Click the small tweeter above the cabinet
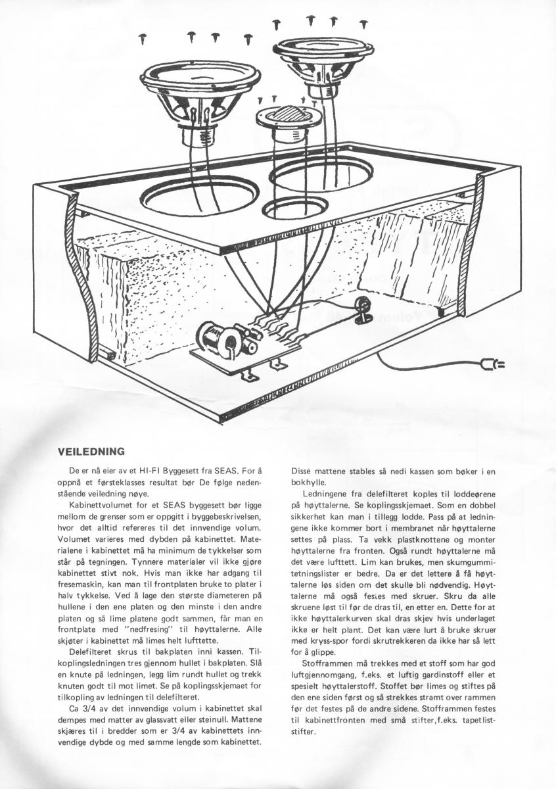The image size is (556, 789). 288,115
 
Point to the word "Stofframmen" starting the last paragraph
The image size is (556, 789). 325,664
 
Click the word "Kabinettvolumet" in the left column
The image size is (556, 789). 100,503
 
